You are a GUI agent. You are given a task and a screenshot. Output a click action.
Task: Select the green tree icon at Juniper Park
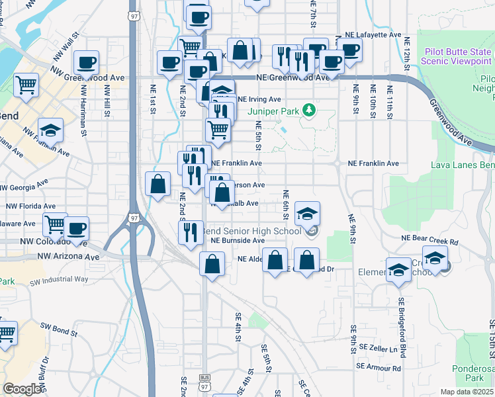tap(308, 109)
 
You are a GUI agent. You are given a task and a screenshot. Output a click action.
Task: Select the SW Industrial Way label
tap(59, 279)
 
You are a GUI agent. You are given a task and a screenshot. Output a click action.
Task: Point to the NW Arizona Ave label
tap(68, 256)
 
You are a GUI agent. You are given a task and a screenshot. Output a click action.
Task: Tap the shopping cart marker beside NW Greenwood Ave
tap(26, 85)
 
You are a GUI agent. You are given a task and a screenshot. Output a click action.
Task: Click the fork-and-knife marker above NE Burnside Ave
tap(189, 231)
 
